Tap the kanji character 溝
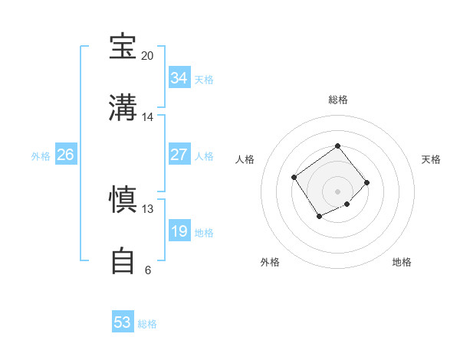[x=123, y=106]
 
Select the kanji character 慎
[x=123, y=199]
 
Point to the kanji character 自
[x=123, y=260]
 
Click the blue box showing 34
[x=179, y=78]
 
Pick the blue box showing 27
[x=179, y=155]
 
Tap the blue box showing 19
[x=179, y=231]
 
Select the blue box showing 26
[x=65, y=155]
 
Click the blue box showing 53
[x=123, y=322]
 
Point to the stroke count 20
[x=148, y=56]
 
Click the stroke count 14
[x=148, y=117]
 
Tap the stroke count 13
[x=148, y=209]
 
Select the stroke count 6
[x=148, y=270]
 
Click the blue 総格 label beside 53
[x=147, y=324]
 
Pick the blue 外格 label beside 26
[x=41, y=156]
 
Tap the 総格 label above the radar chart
[x=337, y=100]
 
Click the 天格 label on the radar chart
[x=431, y=159]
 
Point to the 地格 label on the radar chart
[x=402, y=262]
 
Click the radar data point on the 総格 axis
[x=337, y=146]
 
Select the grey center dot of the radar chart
[x=337, y=191]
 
